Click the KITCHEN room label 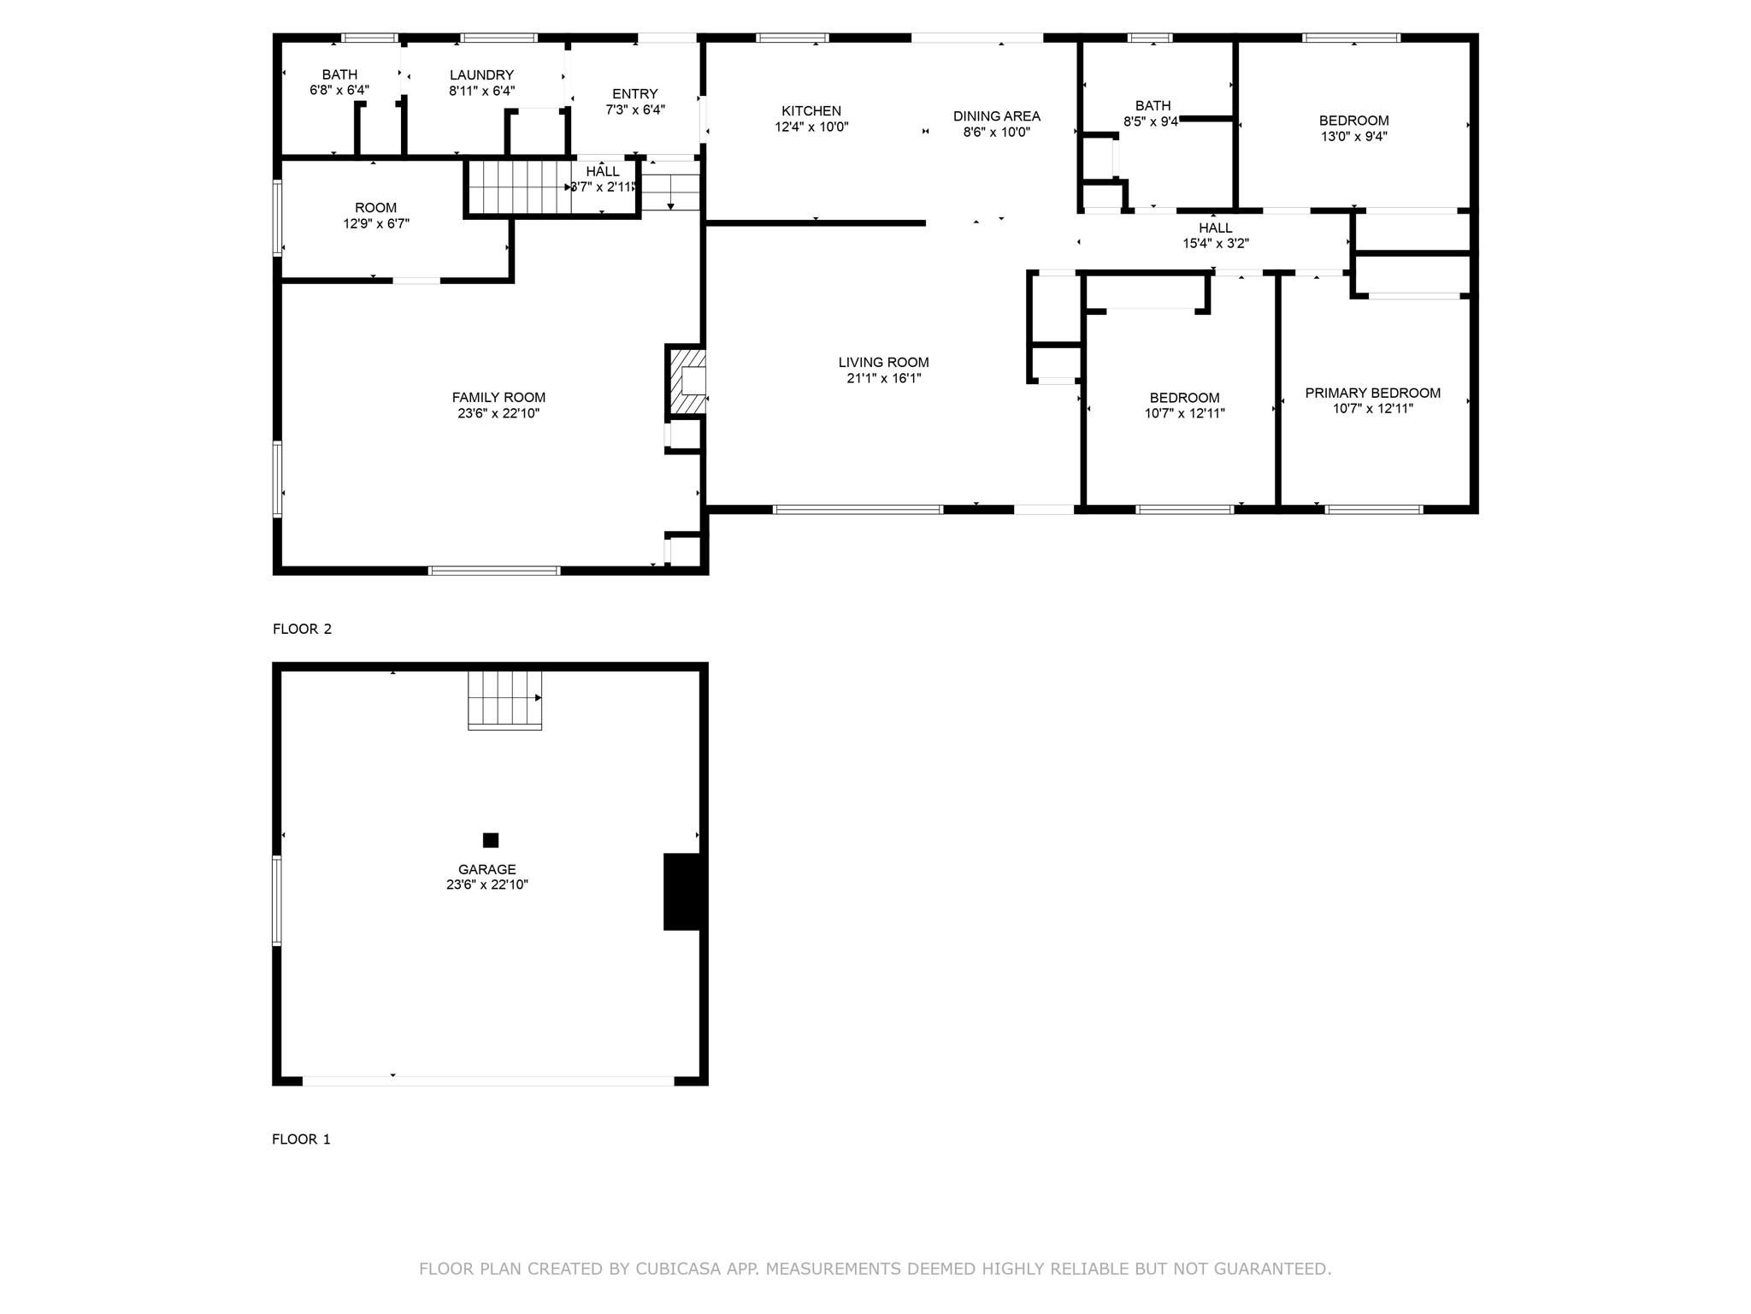811,111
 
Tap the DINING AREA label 996,116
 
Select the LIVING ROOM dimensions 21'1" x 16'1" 883,378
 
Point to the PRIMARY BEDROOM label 1372,393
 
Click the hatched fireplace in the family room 687,380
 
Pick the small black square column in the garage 491,840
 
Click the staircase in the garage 504,700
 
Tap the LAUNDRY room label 481,75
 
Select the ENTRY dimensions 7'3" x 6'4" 634,109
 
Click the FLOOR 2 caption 302,629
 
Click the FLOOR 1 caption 301,1139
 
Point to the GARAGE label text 486,869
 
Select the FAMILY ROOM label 498,397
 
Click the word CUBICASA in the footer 678,1269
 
